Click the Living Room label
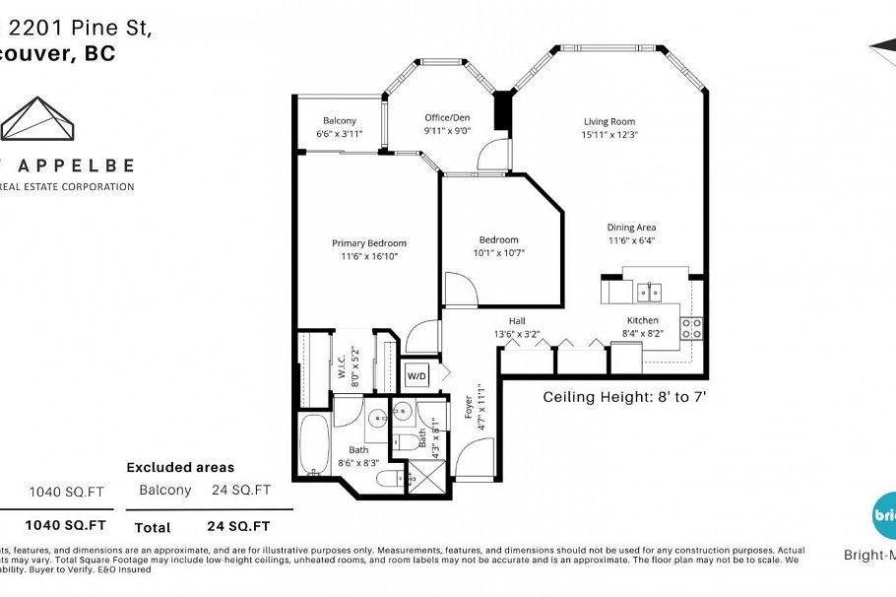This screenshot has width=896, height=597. tap(610, 122)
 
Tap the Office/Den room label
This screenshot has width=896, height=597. tap(447, 116)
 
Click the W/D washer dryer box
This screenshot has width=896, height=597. tap(416, 376)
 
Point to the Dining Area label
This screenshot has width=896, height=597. tap(631, 227)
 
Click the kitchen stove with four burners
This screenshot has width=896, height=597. tap(692, 328)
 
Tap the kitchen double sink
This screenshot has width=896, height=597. tap(649, 292)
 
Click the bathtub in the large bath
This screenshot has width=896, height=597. tap(315, 445)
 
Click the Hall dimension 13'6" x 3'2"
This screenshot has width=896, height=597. tap(517, 334)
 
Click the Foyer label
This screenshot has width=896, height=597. tap(468, 406)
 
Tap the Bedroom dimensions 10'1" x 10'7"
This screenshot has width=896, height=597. tap(498, 252)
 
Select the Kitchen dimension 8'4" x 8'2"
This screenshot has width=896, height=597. tap(643, 334)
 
